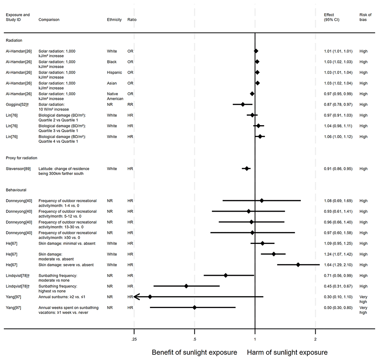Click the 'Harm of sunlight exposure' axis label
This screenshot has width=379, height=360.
click(287, 352)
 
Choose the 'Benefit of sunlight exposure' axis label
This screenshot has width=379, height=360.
click(194, 352)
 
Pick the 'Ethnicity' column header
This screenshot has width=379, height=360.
click(114, 19)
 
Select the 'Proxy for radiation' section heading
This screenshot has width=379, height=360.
click(21, 158)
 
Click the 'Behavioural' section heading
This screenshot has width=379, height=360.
click(16, 190)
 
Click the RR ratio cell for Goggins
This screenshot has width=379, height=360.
click(130, 104)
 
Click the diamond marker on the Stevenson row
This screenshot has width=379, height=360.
click(247, 168)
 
